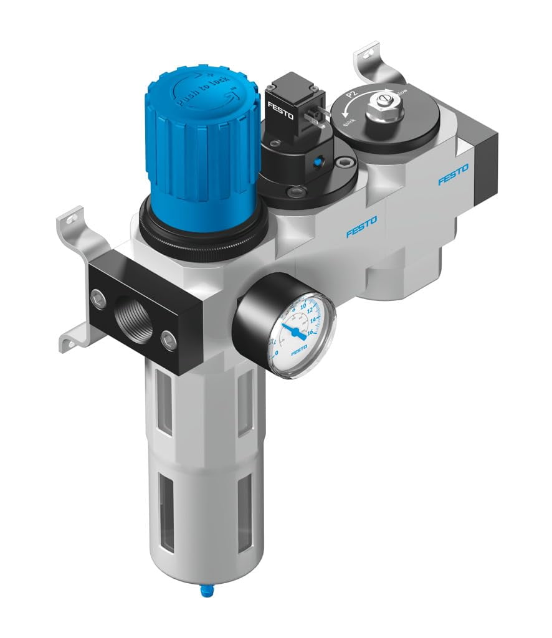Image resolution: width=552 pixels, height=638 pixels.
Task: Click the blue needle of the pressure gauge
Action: pos(293,330)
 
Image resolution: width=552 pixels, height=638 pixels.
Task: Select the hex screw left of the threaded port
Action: pos(98,298)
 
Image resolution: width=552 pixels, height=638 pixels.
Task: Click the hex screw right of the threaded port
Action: pos(168,340)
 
